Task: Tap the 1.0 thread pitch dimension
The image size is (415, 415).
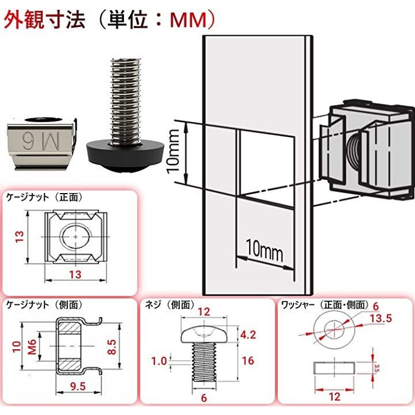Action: (160, 361)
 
